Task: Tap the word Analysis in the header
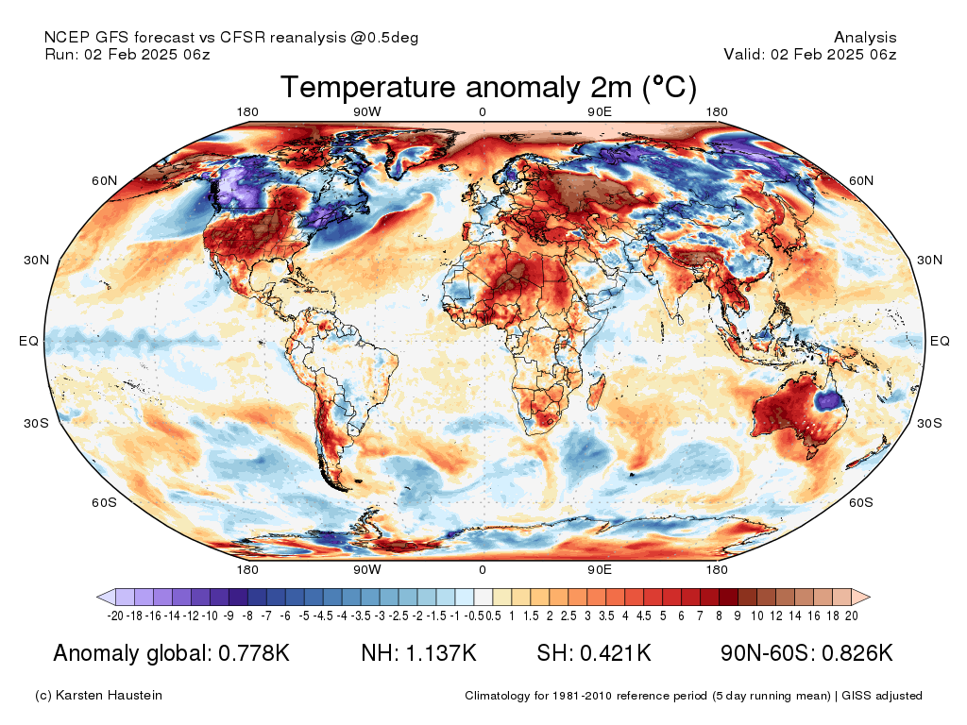coord(865,38)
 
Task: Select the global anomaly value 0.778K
coord(254,653)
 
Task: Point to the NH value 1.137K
coord(440,653)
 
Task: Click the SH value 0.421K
coord(615,653)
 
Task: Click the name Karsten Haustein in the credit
coord(109,696)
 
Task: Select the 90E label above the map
coord(599,111)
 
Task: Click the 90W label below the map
coord(367,569)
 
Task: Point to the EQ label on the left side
coord(28,341)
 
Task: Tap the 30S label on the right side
coord(929,423)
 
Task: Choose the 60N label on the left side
coord(104,180)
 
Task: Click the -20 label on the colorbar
coord(115,615)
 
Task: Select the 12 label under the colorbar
coord(776,615)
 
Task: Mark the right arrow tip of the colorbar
coord(870,597)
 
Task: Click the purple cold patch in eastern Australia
coord(829,400)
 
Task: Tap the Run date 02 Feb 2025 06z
coord(147,54)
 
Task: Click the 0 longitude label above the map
coord(483,111)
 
